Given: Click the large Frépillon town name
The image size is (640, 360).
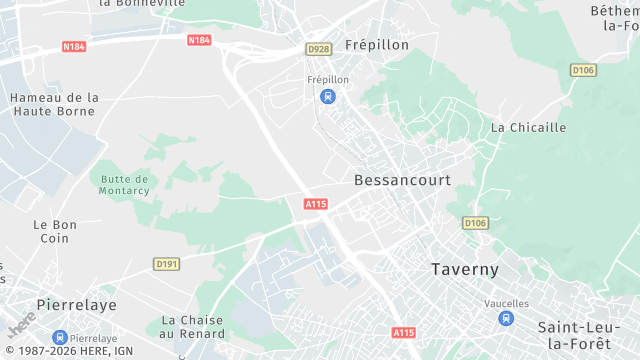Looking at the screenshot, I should (378, 45).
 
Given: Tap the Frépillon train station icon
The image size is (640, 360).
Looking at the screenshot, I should (327, 96).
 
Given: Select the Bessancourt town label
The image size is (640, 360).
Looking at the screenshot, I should (402, 180).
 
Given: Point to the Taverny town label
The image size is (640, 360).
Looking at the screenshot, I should (464, 269).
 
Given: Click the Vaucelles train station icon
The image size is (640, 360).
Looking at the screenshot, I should (506, 318).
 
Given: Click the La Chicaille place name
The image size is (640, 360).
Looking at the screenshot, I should (528, 127).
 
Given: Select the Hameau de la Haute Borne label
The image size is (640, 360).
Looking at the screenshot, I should (54, 104).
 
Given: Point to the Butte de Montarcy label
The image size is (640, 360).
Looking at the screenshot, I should (124, 185).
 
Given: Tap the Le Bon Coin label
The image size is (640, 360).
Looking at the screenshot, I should (54, 231).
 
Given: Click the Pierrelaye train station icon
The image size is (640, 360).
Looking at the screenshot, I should (60, 338).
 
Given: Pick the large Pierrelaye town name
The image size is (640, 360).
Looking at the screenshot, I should (76, 304).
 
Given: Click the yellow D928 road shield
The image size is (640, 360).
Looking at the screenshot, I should (318, 49).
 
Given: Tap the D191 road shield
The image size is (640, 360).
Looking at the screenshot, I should (166, 264).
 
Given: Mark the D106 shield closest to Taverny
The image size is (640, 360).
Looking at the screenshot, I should (475, 222).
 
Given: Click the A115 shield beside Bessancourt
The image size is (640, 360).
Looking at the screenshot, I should (316, 204).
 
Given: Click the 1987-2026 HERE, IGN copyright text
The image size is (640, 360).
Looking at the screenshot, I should (68, 351).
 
